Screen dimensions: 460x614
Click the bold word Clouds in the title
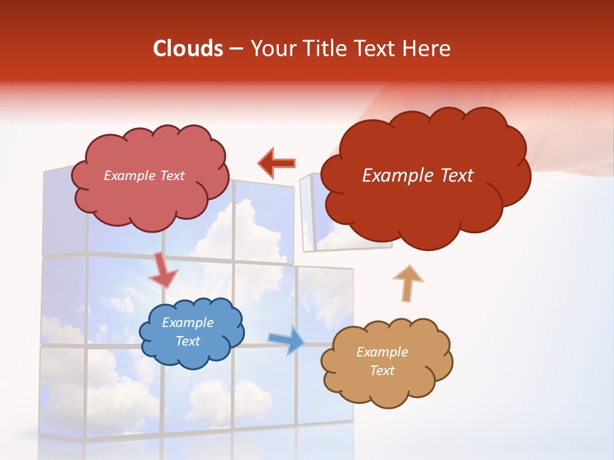point(188,49)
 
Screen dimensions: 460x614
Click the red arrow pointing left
point(276,163)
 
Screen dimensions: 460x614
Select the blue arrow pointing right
point(286,340)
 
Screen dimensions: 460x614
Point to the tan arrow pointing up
point(407,283)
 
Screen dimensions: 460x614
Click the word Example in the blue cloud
point(187,323)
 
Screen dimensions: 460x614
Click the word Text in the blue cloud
point(187,341)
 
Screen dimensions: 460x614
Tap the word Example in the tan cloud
point(382,352)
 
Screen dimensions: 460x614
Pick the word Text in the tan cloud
point(382,371)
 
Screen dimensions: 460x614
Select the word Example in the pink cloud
point(128,176)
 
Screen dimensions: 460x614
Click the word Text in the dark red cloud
point(452,176)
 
